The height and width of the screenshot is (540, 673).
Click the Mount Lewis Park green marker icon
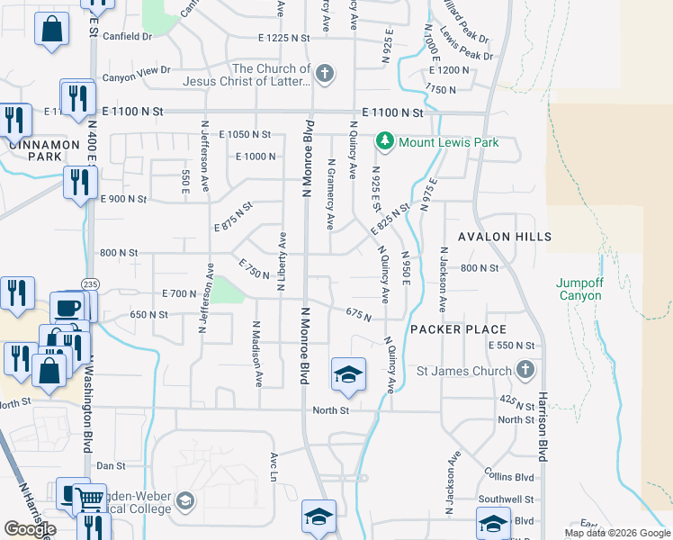tap(385, 141)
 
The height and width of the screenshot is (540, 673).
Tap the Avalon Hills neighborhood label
tap(505, 237)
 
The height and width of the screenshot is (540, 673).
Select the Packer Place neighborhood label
tap(458, 329)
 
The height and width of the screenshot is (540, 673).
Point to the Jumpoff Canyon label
tap(578, 288)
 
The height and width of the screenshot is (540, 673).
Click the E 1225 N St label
tap(283, 39)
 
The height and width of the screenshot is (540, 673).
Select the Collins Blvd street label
tap(514, 477)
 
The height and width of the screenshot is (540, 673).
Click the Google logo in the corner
tap(30, 528)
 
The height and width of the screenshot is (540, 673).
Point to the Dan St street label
tap(112, 465)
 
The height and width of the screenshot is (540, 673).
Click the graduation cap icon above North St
tap(348, 373)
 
